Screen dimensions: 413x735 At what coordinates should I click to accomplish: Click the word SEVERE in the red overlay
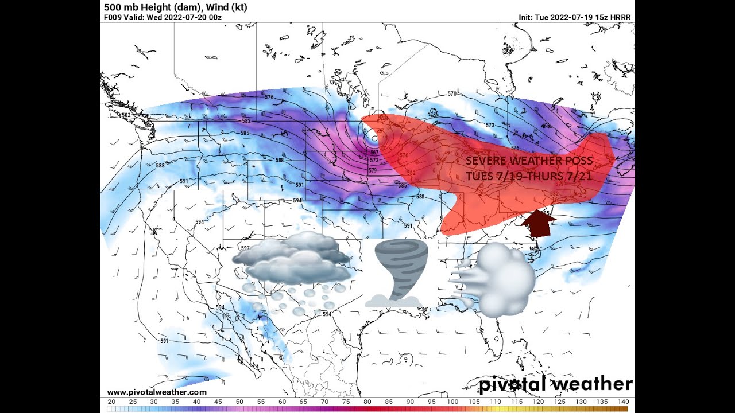click(x=485, y=161)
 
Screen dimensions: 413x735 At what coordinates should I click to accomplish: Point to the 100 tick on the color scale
click(x=452, y=402)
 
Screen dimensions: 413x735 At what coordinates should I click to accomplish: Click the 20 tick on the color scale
click(x=111, y=402)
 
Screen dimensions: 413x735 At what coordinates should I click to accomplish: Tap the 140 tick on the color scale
click(x=624, y=402)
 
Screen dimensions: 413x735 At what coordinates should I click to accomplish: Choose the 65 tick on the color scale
click(x=303, y=402)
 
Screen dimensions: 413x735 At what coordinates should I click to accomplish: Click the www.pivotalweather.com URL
click(x=157, y=392)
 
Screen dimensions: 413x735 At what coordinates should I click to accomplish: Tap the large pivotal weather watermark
click(x=556, y=384)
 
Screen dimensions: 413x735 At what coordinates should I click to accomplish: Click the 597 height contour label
click(x=245, y=248)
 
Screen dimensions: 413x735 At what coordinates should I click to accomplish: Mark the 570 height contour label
click(x=452, y=93)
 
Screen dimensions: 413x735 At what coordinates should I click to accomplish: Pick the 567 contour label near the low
click(x=374, y=153)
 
